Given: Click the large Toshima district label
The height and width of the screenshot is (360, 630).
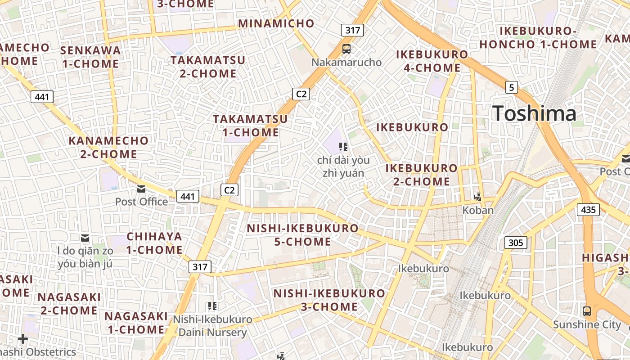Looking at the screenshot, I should (x=534, y=113).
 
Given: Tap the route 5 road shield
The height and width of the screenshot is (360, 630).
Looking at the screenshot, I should (x=511, y=87).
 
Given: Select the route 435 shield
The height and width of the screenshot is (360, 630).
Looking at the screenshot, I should (x=588, y=209).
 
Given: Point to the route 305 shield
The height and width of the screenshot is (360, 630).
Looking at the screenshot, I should (x=515, y=243).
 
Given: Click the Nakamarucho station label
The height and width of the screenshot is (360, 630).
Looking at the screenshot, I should (x=346, y=62).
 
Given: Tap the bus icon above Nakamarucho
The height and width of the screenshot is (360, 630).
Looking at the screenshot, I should (x=346, y=49).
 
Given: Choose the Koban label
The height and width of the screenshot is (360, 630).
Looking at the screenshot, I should (x=478, y=210).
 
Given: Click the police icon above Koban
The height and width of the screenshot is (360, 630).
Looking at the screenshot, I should (x=478, y=197).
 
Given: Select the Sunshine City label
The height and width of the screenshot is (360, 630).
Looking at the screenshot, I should (x=587, y=324).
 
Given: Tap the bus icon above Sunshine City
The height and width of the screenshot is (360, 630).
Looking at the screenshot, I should (x=587, y=311).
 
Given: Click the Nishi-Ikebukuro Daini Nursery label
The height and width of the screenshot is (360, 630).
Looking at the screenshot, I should (x=213, y=326).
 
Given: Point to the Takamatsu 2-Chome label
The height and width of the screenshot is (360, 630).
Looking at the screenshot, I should (x=208, y=67).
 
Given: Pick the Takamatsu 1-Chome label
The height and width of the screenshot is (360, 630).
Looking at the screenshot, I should (x=251, y=126).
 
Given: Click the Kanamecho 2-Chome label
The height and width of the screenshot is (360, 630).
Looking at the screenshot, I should (x=108, y=147).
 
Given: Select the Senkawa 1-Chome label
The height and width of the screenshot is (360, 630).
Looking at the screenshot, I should (x=90, y=57).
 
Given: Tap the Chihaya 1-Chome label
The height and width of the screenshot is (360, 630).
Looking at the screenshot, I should (x=154, y=243).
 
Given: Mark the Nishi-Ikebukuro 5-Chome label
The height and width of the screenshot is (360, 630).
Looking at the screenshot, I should (x=302, y=234).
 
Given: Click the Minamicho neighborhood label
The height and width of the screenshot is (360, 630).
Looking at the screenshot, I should (x=276, y=23).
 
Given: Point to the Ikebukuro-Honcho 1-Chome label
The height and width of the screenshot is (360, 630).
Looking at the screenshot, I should (x=538, y=37).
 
